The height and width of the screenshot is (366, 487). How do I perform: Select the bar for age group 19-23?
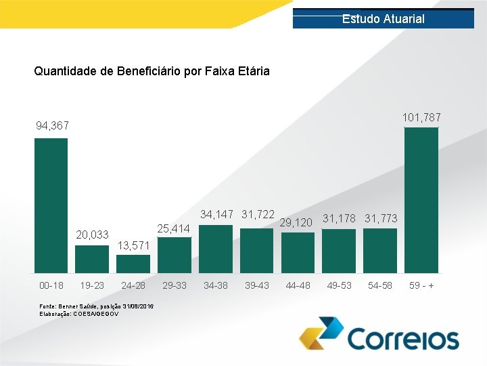click(x=92, y=258)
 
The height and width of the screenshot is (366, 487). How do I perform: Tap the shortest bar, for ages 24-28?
click(x=133, y=263)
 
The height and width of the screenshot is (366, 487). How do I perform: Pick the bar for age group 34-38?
click(x=216, y=248)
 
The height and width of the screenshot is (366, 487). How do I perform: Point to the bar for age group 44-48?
click(x=298, y=251)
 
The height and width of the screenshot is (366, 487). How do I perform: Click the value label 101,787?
click(x=421, y=118)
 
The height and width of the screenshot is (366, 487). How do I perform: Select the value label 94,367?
click(x=52, y=126)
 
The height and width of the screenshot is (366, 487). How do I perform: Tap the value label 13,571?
click(x=133, y=245)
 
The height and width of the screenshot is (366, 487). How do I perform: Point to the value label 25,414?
click(x=174, y=229)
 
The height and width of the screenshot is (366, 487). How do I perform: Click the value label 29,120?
click(x=296, y=222)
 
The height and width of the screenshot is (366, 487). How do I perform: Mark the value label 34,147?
click(x=216, y=215)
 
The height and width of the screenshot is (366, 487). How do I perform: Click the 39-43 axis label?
click(x=256, y=285)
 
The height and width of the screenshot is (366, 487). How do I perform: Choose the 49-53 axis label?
click(x=339, y=285)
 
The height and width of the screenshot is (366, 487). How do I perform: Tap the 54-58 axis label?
click(x=380, y=285)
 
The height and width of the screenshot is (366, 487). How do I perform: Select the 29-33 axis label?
click(x=175, y=285)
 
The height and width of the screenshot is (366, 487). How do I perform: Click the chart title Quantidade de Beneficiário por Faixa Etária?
click(x=152, y=70)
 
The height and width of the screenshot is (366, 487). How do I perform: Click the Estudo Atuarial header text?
click(x=383, y=19)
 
